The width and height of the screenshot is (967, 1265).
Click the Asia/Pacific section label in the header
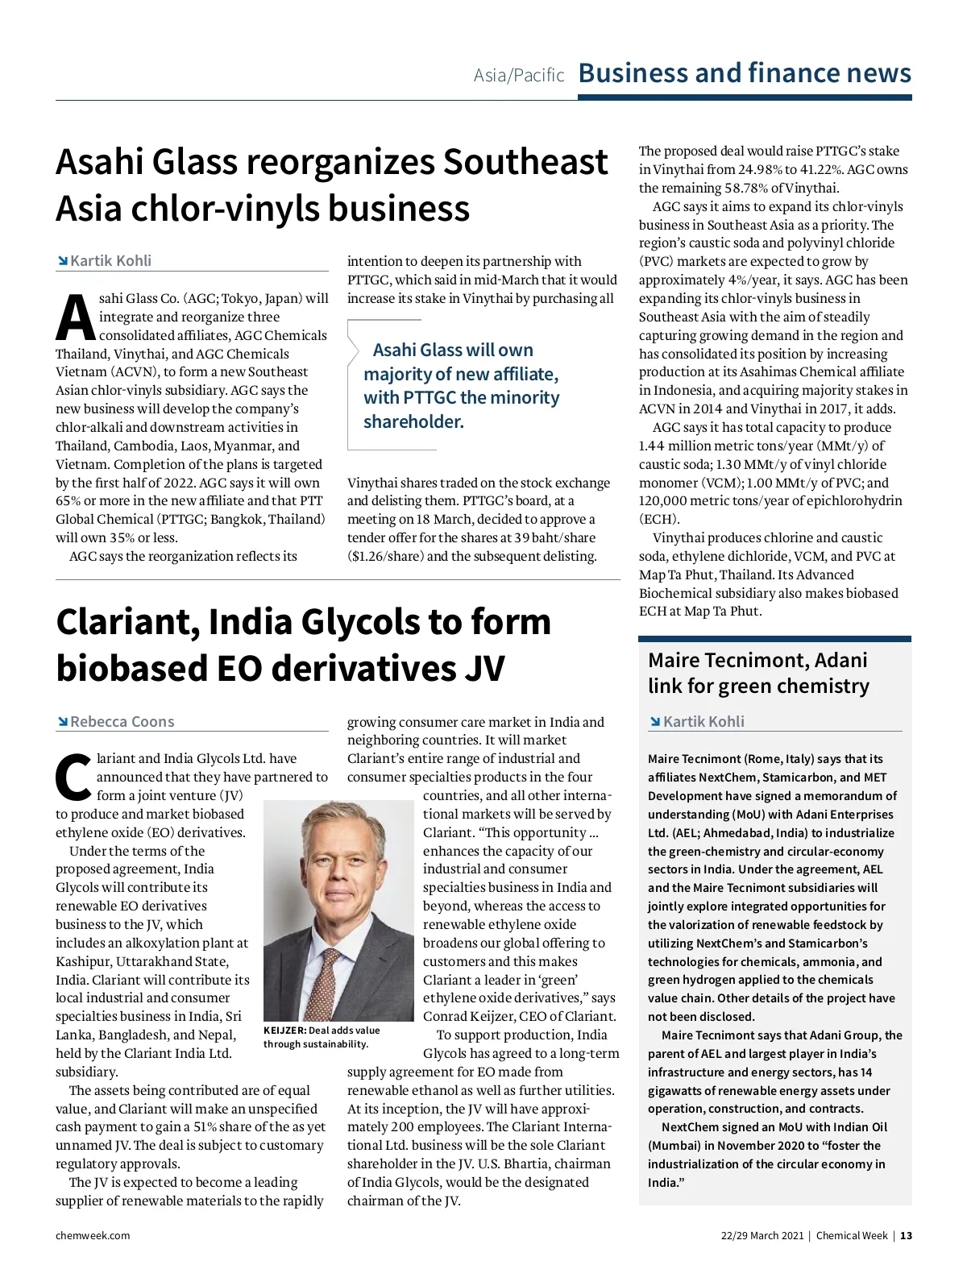pyautogui.click(x=518, y=76)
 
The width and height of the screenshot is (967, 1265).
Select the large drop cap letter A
pyautogui.click(x=75, y=319)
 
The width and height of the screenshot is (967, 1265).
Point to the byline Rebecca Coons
pyautogui.click(x=122, y=722)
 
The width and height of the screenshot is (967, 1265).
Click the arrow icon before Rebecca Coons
pyautogui.click(x=62, y=722)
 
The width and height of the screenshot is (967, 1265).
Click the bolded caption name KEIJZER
pyautogui.click(x=284, y=1031)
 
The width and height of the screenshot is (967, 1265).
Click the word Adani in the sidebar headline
pyautogui.click(x=840, y=661)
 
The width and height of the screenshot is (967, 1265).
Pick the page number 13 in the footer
pyautogui.click(x=906, y=1236)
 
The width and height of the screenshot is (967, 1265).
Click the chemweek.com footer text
pyautogui.click(x=93, y=1236)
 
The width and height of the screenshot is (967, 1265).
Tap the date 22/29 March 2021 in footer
pyautogui.click(x=762, y=1236)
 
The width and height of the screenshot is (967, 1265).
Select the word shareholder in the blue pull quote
pyautogui.click(x=413, y=422)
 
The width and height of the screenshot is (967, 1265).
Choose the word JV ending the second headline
pyautogui.click(x=483, y=669)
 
